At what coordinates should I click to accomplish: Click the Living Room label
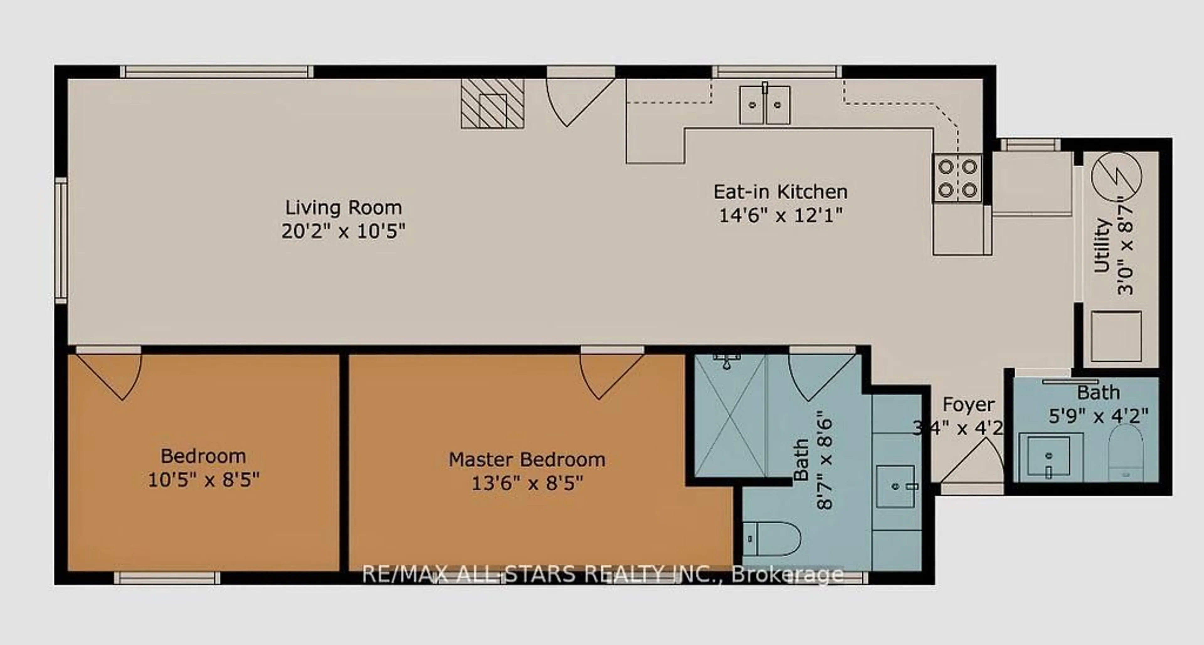coord(344,207)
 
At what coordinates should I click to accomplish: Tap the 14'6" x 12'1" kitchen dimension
coord(780,216)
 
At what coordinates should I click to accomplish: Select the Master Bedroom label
coord(527,460)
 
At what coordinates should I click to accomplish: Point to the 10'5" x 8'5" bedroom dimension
coord(203,480)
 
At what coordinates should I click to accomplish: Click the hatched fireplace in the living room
coord(492,104)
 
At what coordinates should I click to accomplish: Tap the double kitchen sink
coord(765,105)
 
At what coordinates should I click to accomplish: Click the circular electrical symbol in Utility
coord(1116,177)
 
